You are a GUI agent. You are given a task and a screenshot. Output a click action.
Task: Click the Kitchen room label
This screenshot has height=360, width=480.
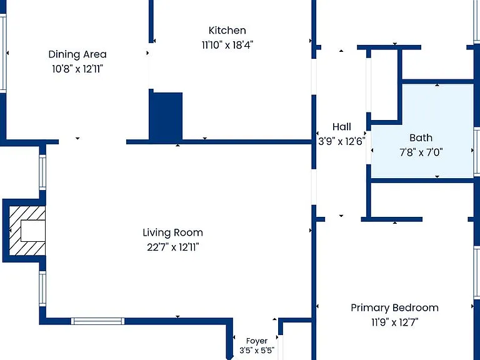227,30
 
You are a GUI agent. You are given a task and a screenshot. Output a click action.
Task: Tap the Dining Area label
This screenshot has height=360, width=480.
77,54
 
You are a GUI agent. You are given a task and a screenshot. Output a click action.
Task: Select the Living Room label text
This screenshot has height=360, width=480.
172,232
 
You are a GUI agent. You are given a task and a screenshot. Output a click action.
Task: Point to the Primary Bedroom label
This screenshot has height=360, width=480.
394,307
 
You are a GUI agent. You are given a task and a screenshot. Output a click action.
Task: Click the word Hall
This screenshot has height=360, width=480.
342,127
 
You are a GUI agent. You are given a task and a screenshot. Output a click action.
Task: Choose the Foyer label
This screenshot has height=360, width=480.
257,341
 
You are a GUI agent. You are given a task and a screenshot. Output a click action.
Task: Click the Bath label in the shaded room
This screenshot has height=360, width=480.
421,137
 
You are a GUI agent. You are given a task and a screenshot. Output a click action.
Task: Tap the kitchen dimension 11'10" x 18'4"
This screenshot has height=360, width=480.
227,45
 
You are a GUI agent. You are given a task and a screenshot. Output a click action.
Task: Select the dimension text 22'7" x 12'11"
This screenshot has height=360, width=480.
173,247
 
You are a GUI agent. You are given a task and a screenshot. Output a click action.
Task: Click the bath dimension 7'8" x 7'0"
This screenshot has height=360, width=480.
421,152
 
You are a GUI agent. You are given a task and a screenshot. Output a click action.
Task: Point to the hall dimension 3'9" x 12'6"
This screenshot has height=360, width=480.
342,141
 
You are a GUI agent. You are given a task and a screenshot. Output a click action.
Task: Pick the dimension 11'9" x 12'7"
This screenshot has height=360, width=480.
395,322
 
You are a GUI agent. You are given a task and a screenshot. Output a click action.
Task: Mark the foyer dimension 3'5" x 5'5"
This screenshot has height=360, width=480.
257,350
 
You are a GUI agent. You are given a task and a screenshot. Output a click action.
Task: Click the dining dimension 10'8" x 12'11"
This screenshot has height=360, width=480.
77,69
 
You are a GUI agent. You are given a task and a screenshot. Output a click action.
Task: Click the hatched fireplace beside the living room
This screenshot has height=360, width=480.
27,230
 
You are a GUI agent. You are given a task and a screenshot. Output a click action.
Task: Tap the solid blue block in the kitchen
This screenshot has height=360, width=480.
166,116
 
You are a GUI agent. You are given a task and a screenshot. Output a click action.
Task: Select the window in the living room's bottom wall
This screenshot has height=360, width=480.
98,321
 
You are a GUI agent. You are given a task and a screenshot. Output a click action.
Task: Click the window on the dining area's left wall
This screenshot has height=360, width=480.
3,53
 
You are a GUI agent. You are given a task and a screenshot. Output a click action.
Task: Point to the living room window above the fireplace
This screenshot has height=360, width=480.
42,172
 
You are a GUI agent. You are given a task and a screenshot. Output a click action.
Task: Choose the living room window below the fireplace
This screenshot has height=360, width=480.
42,288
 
